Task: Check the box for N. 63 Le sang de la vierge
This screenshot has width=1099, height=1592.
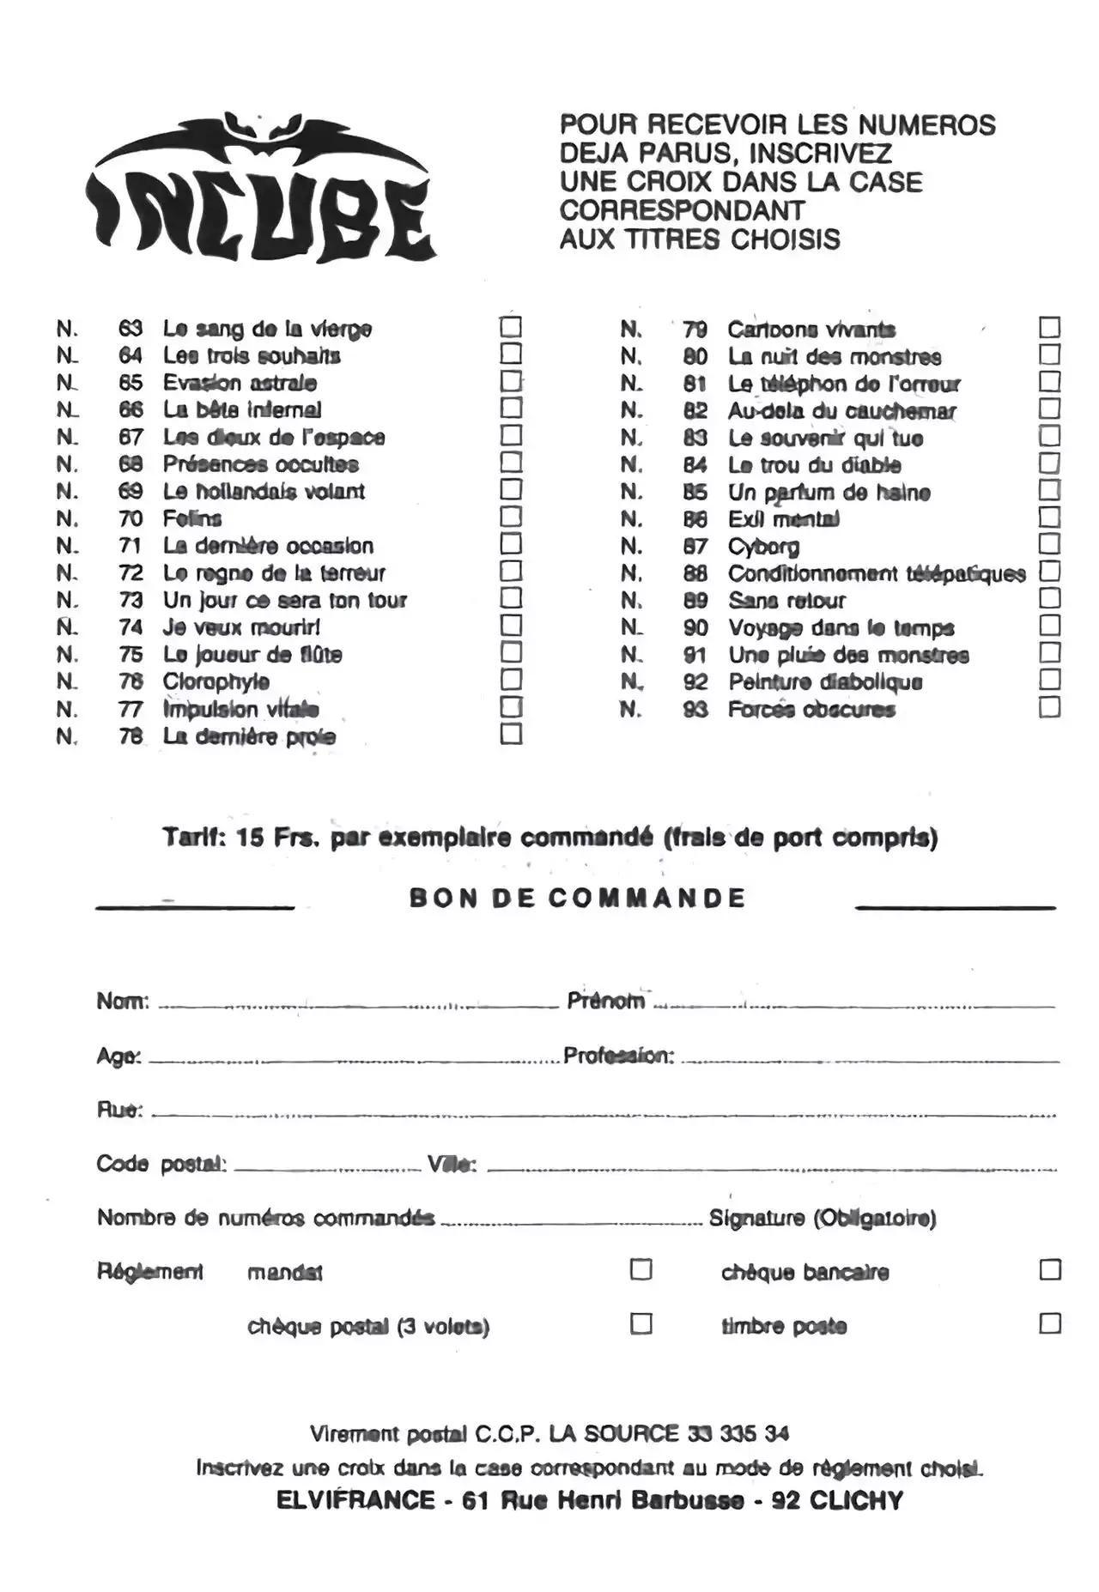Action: [x=511, y=327]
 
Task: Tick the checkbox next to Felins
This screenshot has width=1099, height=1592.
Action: [x=511, y=517]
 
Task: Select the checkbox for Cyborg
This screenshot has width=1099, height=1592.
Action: [x=1049, y=544]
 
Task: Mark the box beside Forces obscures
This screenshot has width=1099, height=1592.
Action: [x=1049, y=707]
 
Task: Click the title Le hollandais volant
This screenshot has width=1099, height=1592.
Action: [x=264, y=492]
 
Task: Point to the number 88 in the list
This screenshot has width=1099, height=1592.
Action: [x=695, y=573]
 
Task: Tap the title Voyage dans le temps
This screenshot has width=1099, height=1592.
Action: [x=841, y=628]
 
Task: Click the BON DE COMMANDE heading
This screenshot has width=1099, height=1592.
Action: [x=577, y=899]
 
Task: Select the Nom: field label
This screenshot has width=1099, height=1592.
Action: [x=123, y=1002]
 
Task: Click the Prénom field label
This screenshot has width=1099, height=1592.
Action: [x=605, y=1001]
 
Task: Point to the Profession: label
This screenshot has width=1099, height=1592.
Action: [x=618, y=1056]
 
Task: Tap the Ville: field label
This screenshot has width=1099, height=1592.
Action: [x=452, y=1165]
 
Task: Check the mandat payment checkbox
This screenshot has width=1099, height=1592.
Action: [x=641, y=1269]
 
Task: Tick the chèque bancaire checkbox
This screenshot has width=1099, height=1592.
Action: [x=1050, y=1269]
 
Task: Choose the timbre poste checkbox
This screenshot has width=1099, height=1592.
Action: [x=1050, y=1323]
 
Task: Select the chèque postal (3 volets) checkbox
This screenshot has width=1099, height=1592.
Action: [x=641, y=1323]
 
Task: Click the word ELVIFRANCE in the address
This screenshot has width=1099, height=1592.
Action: [x=355, y=1501]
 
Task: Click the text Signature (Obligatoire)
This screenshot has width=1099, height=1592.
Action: [x=822, y=1219]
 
